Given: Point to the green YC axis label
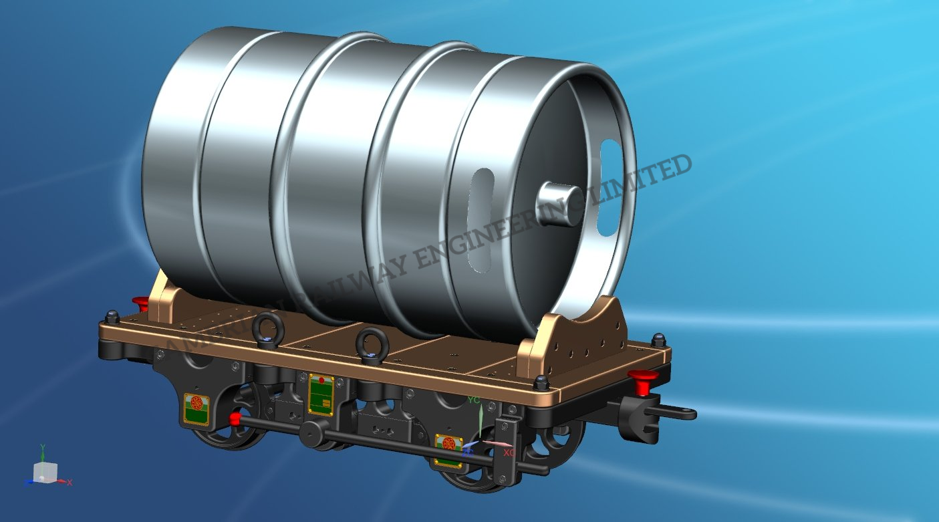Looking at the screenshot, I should [x=474, y=400].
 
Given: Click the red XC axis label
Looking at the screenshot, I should [x=509, y=452].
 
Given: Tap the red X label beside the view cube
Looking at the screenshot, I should [x=70, y=482].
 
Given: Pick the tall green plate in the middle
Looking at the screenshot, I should [x=321, y=394].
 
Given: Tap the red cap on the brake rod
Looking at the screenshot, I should [x=235, y=419].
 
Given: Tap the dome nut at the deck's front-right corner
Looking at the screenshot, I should [x=541, y=383].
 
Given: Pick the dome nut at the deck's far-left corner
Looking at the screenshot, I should [x=112, y=316].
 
